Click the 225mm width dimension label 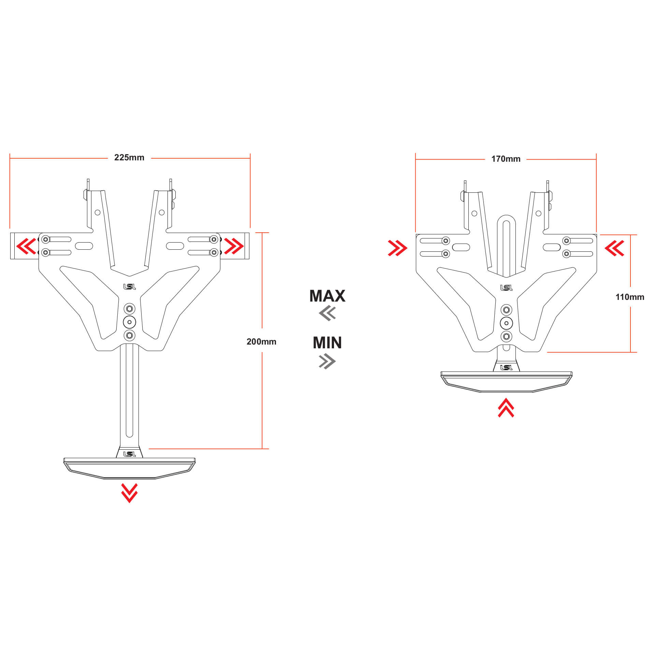[129, 158]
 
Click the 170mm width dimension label [506, 159]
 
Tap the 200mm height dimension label [261, 341]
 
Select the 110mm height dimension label [630, 297]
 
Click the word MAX [327, 296]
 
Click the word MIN [327, 343]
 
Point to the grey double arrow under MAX [327, 313]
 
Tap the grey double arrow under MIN [327, 361]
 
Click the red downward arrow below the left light [129, 493]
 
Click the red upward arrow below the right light [506, 408]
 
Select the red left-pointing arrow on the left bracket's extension [26, 246]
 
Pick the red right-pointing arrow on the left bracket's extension [234, 246]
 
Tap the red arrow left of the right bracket [397, 248]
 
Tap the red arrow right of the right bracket [614, 248]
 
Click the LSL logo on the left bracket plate [129, 287]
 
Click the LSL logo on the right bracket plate [506, 288]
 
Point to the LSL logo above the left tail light [129, 454]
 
